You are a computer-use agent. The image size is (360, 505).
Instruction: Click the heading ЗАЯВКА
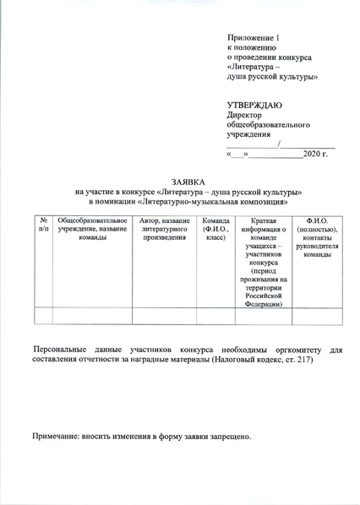click(x=188, y=182)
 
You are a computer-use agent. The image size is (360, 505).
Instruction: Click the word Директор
click(x=245, y=115)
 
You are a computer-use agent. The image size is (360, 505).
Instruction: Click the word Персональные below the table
click(x=61, y=349)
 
